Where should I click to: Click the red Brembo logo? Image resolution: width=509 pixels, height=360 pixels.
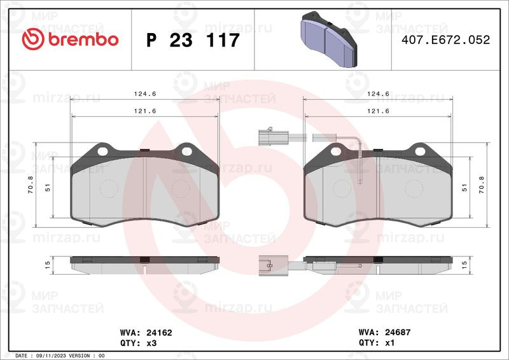(x=70, y=39)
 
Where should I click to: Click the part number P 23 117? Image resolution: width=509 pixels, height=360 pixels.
(x=193, y=40)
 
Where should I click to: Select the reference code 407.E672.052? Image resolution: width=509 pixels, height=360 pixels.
(x=445, y=39)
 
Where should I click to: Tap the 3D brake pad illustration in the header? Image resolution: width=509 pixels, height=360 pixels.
(x=328, y=39)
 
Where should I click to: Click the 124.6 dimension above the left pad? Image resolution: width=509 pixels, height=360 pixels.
(x=145, y=93)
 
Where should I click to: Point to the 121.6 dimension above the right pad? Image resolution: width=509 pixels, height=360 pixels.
(x=378, y=111)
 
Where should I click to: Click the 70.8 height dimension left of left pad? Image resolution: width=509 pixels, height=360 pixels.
(x=31, y=184)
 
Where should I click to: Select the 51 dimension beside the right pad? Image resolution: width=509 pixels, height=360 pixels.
(x=464, y=188)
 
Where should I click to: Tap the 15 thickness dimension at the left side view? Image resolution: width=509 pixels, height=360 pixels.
(x=48, y=265)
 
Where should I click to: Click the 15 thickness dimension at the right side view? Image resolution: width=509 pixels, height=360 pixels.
(x=464, y=265)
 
